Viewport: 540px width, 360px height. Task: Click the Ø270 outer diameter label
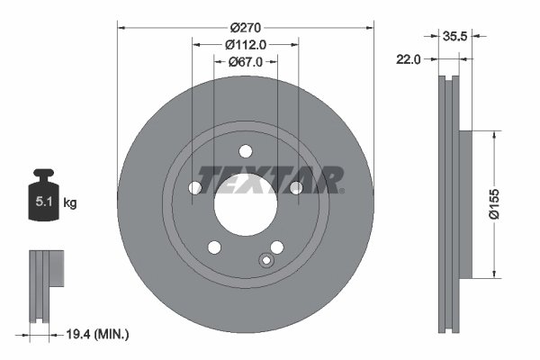tap(245, 19)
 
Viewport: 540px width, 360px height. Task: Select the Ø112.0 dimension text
tap(245, 40)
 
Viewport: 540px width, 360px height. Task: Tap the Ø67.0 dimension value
tap(245, 61)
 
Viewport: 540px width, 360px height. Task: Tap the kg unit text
tap(70, 203)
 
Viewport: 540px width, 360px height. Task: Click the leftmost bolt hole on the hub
tap(194, 187)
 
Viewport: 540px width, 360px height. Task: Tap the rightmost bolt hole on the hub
tap(295, 187)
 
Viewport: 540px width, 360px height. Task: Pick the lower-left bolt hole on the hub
tap(214, 247)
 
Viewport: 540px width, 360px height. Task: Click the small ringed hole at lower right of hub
tap(265, 261)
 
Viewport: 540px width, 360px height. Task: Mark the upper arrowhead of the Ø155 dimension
tap(492, 133)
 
